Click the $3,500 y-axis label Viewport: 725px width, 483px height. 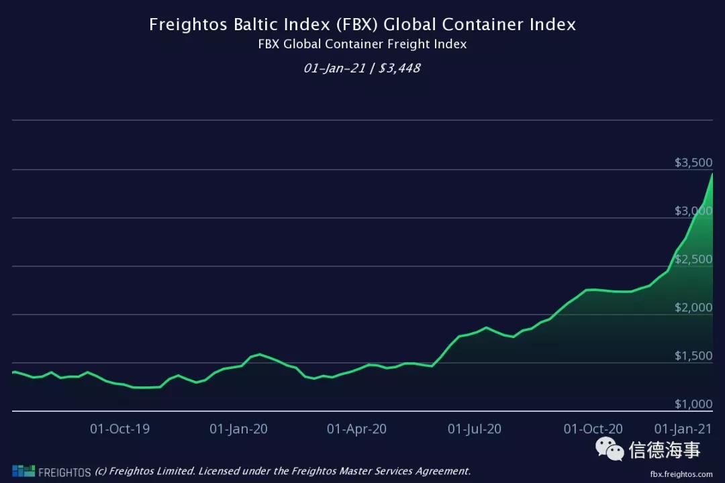693,163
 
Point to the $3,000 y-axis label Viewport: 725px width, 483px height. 693,211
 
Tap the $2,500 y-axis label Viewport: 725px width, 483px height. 693,260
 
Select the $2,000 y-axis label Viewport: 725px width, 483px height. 693,308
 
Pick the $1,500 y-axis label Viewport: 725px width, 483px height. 693,356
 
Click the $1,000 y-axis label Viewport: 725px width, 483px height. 693,405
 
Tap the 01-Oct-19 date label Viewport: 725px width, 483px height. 120,429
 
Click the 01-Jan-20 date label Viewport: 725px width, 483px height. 238,429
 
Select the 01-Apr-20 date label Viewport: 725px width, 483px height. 356,429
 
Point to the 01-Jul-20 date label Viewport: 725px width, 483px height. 474,429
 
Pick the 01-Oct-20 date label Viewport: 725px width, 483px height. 593,429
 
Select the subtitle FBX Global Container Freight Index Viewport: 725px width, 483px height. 362,44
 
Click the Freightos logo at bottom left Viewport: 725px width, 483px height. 51,471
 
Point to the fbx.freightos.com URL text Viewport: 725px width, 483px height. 681,473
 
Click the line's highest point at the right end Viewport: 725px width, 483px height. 712,173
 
